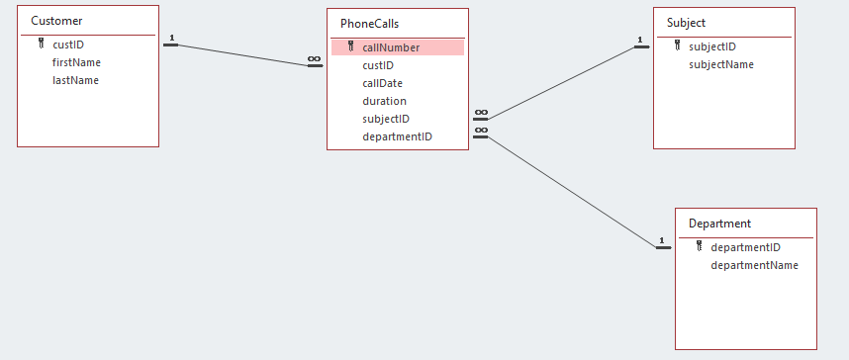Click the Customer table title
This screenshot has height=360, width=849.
[56, 21]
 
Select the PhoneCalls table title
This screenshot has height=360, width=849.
[370, 24]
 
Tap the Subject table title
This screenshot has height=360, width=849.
[686, 22]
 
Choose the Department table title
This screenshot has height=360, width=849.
[719, 224]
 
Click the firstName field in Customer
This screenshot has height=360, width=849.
[76, 62]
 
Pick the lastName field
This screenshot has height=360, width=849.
[75, 80]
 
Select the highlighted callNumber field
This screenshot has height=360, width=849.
[391, 47]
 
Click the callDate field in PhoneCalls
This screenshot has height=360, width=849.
[382, 83]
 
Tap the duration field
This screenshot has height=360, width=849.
[384, 101]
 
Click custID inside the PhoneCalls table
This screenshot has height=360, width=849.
[378, 65]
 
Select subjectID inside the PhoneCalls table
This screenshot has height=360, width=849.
[386, 119]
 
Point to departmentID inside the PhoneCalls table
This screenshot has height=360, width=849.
[397, 136]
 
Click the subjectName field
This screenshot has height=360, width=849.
[721, 64]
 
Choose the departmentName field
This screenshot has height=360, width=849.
[754, 265]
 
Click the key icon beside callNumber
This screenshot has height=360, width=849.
[350, 46]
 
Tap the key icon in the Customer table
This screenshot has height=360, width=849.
[41, 44]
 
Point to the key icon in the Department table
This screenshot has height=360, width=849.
[699, 246]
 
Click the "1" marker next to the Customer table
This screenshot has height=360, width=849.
[171, 39]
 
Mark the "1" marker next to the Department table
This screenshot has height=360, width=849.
[662, 240]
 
